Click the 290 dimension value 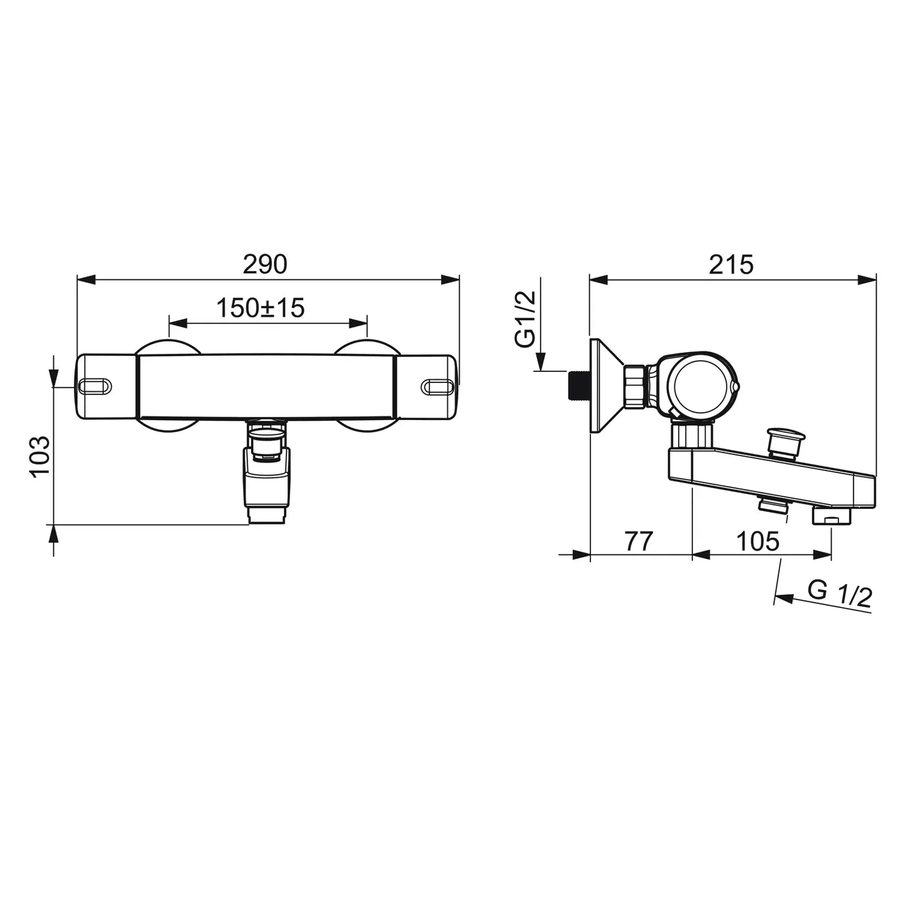(265, 264)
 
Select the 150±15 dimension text (260, 308)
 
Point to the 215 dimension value (731, 265)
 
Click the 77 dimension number (639, 541)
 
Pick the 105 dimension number (758, 541)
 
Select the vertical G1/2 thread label (526, 319)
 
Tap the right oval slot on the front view (438, 387)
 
